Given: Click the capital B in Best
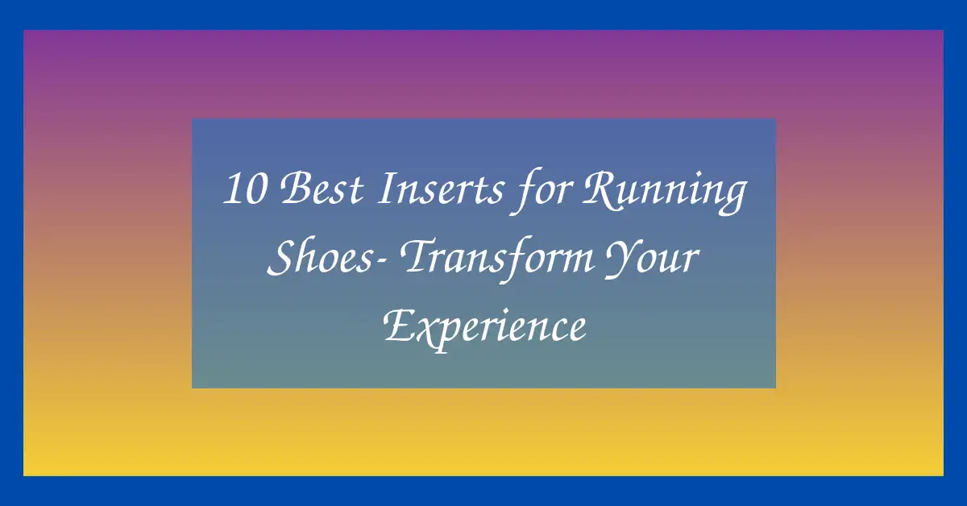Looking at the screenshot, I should [x=296, y=190].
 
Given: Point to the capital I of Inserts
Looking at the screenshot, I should [x=388, y=190].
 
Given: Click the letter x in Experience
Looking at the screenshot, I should [x=425, y=330].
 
